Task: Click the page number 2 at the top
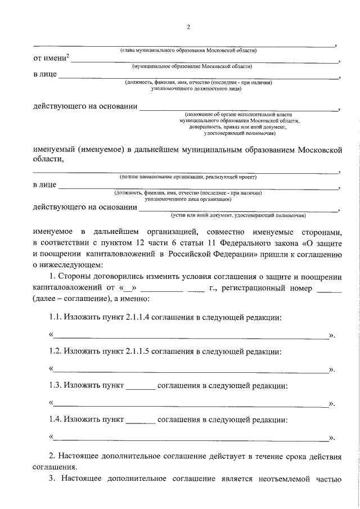[x=188, y=27]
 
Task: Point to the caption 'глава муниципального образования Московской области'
[x=188, y=50]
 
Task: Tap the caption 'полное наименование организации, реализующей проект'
[x=188, y=177]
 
